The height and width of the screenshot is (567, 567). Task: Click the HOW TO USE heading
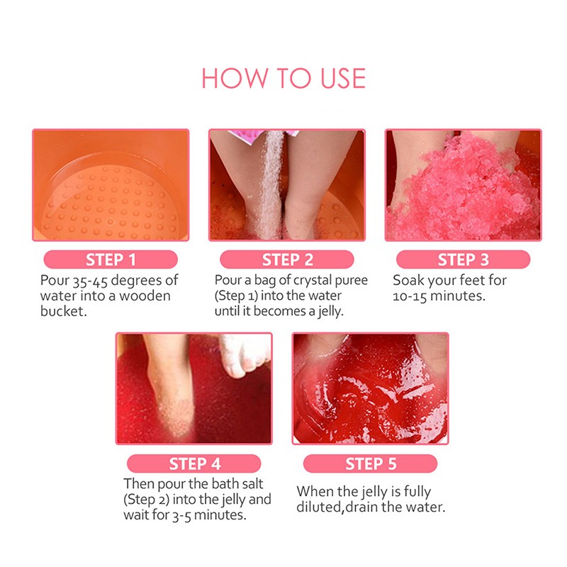[283, 78]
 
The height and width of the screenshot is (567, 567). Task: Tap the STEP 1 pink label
[110, 259]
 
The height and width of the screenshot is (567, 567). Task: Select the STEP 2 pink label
[286, 259]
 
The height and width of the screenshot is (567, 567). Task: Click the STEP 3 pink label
[462, 259]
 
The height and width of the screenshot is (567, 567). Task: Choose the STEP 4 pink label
[194, 464]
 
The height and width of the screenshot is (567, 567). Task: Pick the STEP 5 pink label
[370, 464]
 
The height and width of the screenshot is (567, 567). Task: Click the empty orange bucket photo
[111, 185]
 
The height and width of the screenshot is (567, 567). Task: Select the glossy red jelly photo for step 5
[370, 388]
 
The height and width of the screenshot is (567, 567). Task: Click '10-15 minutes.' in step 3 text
[439, 296]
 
